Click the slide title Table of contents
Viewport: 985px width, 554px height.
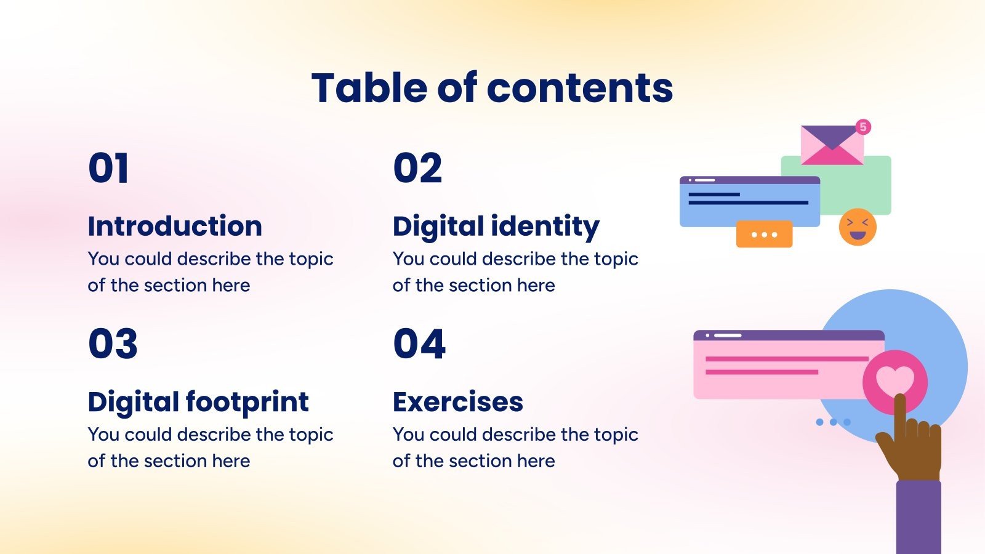pyautogui.click(x=492, y=87)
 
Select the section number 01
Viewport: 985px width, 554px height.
pyautogui.click(x=108, y=168)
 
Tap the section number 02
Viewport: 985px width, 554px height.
pyautogui.click(x=417, y=168)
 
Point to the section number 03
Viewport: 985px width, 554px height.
pyautogui.click(x=113, y=343)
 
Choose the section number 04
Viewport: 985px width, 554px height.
pyautogui.click(x=419, y=343)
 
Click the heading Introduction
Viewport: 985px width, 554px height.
pyautogui.click(x=175, y=226)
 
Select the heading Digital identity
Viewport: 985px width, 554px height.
pyautogui.click(x=496, y=227)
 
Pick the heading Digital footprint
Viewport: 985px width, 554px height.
pyautogui.click(x=198, y=402)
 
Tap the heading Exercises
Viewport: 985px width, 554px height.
pyautogui.click(x=458, y=402)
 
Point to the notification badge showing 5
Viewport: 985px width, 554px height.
pyautogui.click(x=863, y=127)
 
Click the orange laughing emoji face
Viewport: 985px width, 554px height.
pyautogui.click(x=858, y=227)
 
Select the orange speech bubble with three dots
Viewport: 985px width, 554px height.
pyautogui.click(x=764, y=235)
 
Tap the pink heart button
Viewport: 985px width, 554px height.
pyautogui.click(x=895, y=380)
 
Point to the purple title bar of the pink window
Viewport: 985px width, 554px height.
pyautogui.click(x=789, y=335)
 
